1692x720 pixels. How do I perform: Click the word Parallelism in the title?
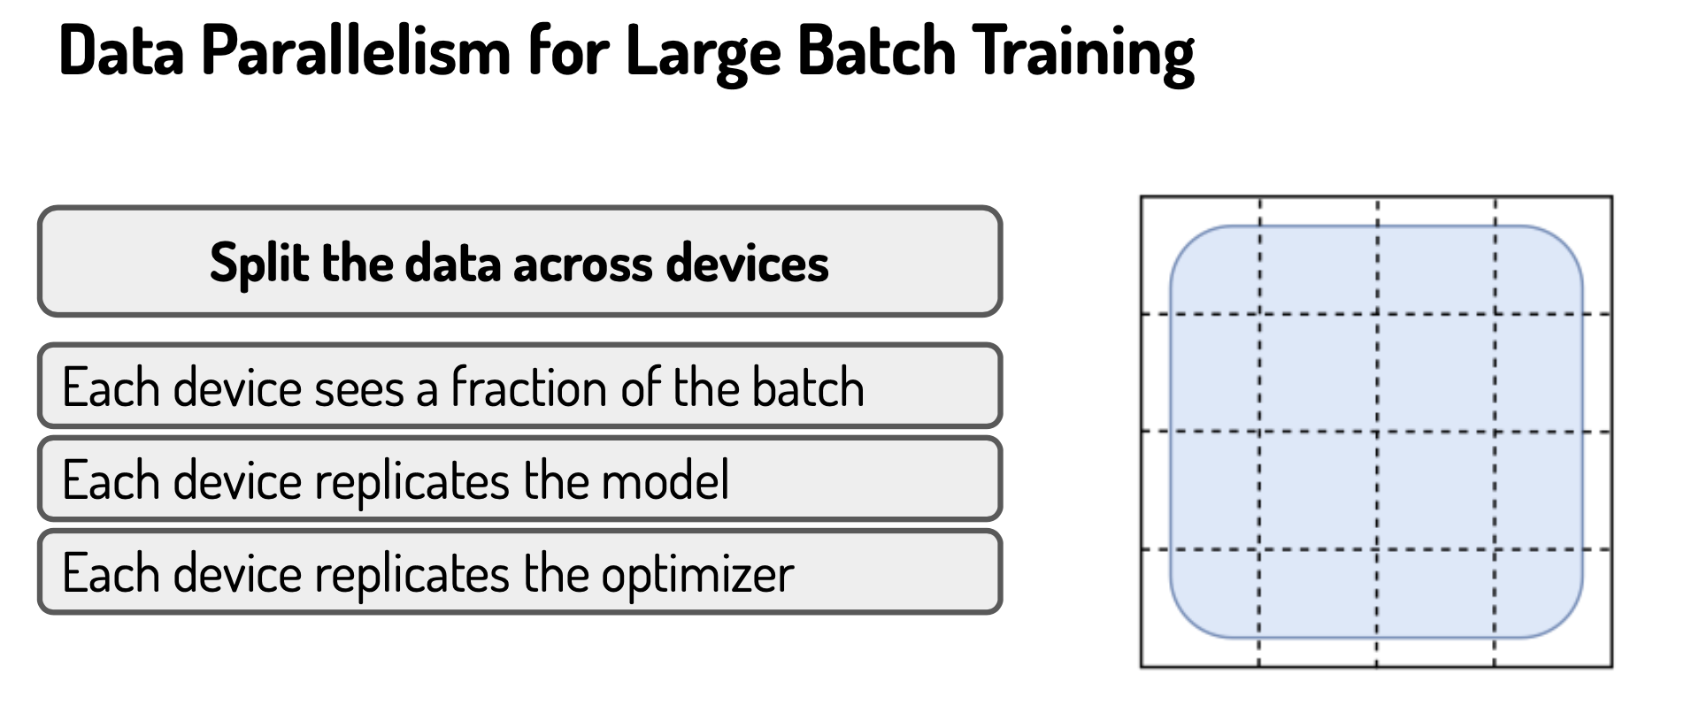pos(357,50)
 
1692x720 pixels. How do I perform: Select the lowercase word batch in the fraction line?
pos(808,387)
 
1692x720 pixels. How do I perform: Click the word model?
pos(665,480)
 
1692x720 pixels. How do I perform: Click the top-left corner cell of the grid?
pos(1200,255)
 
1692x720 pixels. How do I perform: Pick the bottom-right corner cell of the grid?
pos(1554,608)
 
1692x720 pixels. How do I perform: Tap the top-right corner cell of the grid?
pos(1554,255)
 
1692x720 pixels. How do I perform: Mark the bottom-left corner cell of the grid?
pos(1200,608)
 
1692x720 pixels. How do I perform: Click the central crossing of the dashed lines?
pos(1377,432)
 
